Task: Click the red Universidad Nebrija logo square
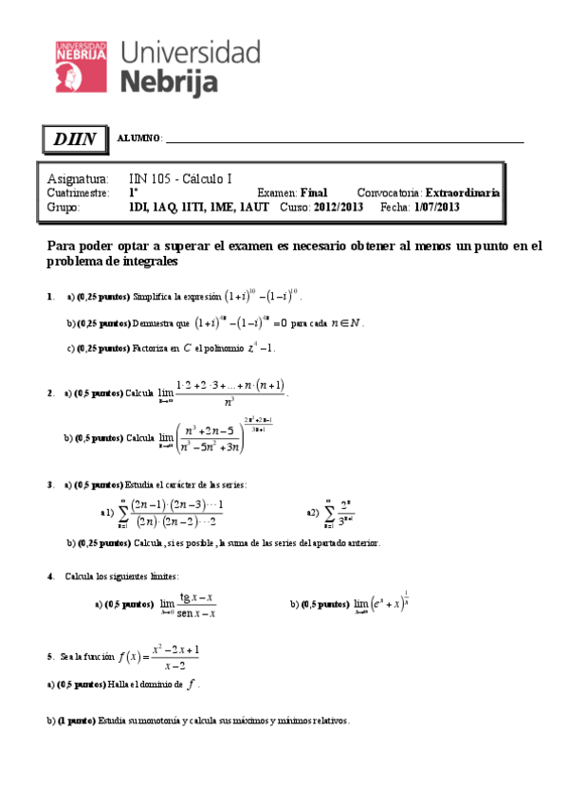[82, 66]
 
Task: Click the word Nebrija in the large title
[170, 81]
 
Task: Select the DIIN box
[75, 139]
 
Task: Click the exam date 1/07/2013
[437, 207]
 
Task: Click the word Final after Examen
[313, 192]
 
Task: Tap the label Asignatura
[77, 179]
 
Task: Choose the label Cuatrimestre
[82, 192]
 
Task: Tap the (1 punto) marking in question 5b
[74, 721]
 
